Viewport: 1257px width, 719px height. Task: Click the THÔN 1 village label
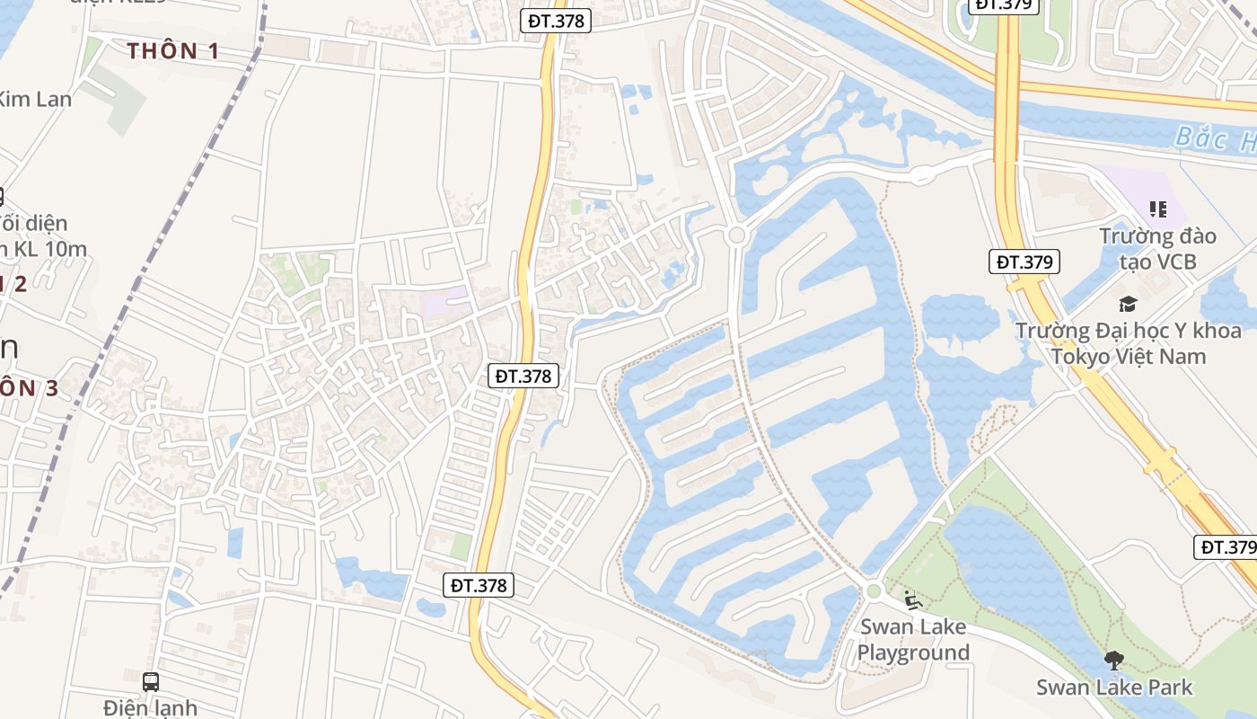173,51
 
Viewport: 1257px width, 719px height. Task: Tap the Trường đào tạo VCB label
1157,249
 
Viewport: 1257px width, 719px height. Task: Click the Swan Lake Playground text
913,639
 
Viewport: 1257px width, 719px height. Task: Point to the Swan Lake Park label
1114,688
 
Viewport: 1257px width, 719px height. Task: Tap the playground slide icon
912,599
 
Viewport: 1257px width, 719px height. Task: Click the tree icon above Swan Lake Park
1114,661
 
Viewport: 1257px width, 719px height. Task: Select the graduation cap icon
1128,304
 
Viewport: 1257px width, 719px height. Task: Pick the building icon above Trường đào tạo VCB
1158,209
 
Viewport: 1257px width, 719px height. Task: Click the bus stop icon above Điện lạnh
151,681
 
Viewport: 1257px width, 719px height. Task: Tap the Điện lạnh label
151,707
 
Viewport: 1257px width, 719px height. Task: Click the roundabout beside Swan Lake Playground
874,590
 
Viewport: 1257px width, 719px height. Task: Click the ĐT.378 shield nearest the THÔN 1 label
556,21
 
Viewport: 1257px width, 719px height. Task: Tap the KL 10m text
45,248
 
